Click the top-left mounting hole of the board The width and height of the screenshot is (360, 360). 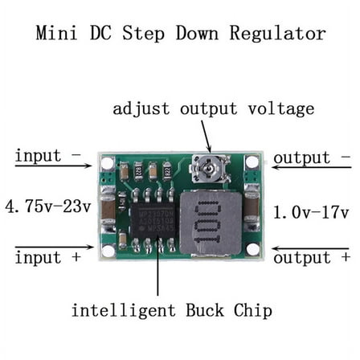pyautogui.click(x=108, y=163)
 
